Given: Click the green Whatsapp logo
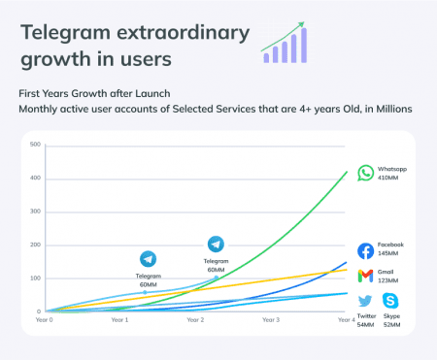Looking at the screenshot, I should click(365, 173).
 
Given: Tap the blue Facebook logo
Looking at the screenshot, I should click(365, 250).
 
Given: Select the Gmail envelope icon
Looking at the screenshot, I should click(365, 277).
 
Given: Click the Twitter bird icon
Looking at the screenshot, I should click(365, 302).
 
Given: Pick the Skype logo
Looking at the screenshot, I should click(390, 302).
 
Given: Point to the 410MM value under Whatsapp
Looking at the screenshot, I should click(390, 179).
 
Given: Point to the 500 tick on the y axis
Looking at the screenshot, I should click(35, 145).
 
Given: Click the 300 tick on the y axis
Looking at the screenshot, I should click(35, 212).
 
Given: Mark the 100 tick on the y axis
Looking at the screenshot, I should click(35, 278).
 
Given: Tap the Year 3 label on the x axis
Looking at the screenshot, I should click(271, 319).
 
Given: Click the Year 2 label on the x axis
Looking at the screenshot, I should click(195, 319).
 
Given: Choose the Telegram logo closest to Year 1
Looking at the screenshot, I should click(148, 259).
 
